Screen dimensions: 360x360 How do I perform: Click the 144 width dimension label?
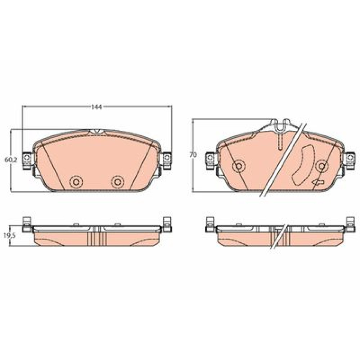click(x=96, y=107)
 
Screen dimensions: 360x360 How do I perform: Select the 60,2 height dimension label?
click(x=11, y=160)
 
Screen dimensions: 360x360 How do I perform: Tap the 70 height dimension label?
click(x=193, y=155)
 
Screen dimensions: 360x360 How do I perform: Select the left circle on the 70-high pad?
click(x=239, y=166)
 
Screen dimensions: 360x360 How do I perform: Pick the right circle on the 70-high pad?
click(x=322, y=166)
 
